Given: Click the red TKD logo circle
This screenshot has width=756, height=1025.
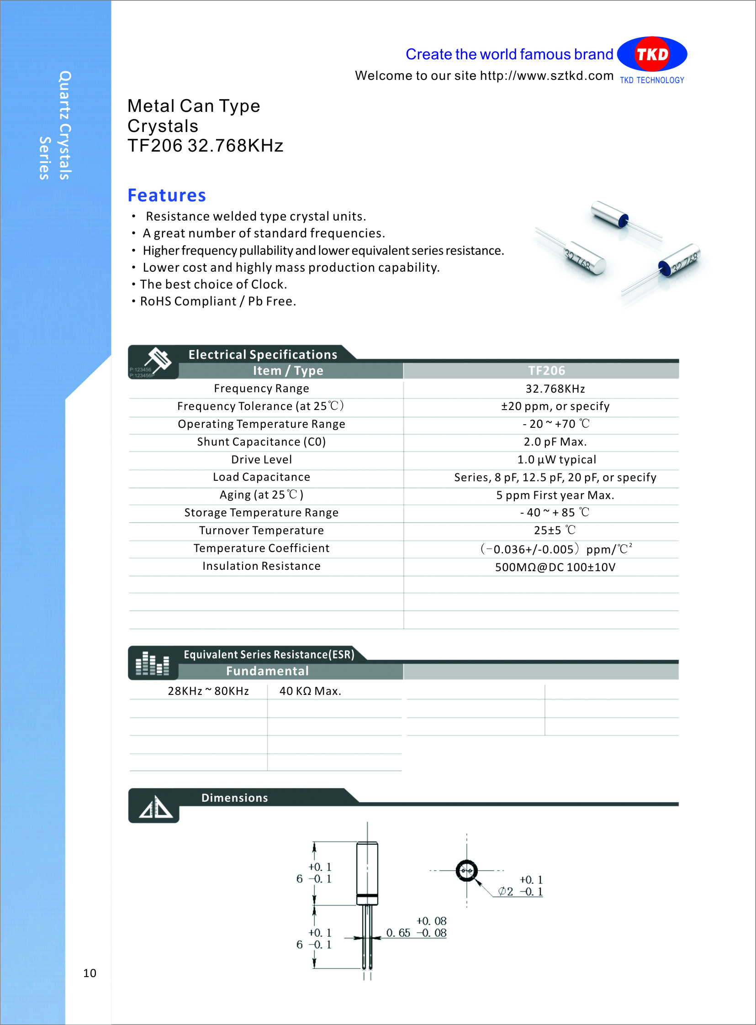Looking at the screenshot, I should [652, 54].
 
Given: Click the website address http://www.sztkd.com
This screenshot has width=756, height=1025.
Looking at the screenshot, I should [546, 75].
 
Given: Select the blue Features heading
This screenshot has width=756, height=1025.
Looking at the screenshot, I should [167, 195].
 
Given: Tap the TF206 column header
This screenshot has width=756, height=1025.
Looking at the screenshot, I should [546, 370].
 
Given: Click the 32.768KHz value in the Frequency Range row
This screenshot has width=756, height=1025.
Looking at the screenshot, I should [555, 389].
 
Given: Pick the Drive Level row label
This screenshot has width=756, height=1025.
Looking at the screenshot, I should [261, 459].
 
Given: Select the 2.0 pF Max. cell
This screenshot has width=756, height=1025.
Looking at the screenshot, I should [555, 442].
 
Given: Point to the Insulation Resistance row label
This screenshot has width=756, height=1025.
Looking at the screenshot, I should [261, 566].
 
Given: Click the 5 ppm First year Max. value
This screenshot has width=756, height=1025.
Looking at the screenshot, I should [555, 495].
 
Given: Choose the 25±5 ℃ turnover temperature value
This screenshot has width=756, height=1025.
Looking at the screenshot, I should [555, 531].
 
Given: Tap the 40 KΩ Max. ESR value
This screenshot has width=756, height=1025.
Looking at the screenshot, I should [310, 691].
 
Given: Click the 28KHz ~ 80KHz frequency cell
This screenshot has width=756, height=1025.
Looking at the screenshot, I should [208, 691].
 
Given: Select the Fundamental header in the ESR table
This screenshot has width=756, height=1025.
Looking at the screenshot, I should [267, 671].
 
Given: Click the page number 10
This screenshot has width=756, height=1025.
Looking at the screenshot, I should [90, 973].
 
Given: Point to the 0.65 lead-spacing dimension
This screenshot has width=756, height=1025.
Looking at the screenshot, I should [398, 933].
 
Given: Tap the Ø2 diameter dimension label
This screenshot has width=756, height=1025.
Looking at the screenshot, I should [506, 891].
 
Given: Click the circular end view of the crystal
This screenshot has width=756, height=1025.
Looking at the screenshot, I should [467, 870].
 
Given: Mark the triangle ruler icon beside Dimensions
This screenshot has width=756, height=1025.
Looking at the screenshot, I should [156, 807].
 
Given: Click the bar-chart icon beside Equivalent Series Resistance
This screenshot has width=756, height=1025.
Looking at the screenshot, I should [153, 664].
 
